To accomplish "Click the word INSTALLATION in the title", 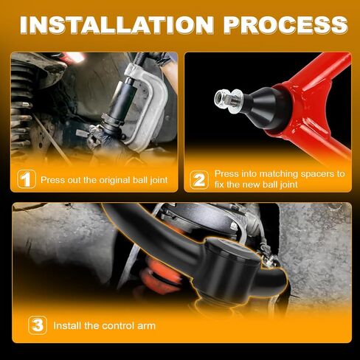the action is pyautogui.click(x=117, y=25).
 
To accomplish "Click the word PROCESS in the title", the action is pyautogui.click(x=285, y=25).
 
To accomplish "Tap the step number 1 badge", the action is pyautogui.click(x=27, y=179).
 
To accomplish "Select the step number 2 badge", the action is pyautogui.click(x=199, y=180).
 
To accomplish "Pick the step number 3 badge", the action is pyautogui.click(x=38, y=325).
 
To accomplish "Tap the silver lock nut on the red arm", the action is pyautogui.click(x=224, y=100).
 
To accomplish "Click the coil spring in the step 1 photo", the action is pyautogui.click(x=21, y=108).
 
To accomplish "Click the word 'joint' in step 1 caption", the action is pyautogui.click(x=159, y=180).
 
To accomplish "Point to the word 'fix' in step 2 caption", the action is pyautogui.click(x=219, y=184).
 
